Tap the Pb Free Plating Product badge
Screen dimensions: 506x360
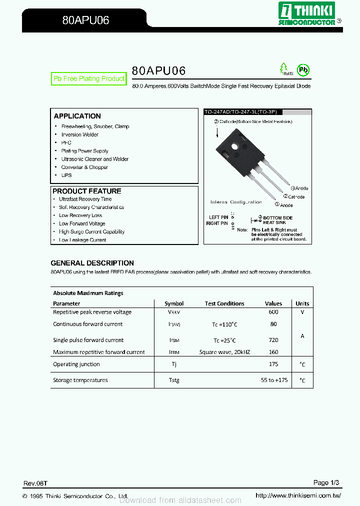(x=89, y=79)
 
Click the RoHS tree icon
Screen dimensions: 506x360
(x=284, y=68)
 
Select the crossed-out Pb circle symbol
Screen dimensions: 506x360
(x=303, y=69)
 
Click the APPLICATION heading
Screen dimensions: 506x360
(x=77, y=116)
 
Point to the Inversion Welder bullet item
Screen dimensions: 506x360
(x=79, y=134)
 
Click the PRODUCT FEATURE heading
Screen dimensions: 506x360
(x=87, y=191)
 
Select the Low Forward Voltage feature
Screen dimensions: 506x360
(x=82, y=223)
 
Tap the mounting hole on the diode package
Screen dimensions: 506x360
(x=235, y=147)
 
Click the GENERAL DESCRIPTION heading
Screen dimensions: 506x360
(x=92, y=263)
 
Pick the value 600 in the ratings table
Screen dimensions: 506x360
(x=273, y=312)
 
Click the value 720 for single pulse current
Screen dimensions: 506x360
(x=273, y=340)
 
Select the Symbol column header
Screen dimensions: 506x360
(x=174, y=303)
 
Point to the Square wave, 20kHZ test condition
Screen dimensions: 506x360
(x=224, y=352)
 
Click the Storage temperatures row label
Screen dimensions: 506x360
(x=80, y=380)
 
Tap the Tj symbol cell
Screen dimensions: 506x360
(x=174, y=364)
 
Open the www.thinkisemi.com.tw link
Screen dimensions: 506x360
(x=298, y=495)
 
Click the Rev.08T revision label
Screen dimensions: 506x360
(x=35, y=483)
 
